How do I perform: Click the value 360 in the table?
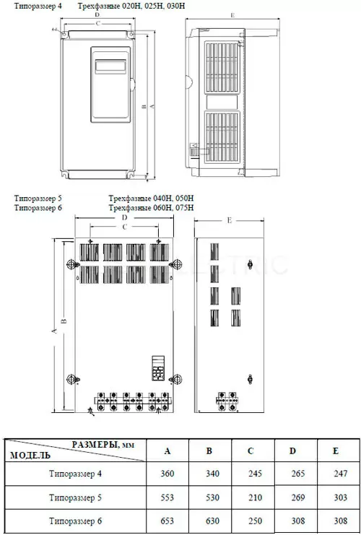click(x=168, y=474)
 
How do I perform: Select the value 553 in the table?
click(x=168, y=497)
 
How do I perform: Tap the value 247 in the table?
click(x=341, y=474)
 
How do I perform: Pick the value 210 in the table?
click(x=256, y=497)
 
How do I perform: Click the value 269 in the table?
click(x=298, y=497)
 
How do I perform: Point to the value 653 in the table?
click(x=168, y=521)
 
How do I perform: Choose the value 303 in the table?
click(x=341, y=497)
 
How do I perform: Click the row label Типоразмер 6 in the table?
click(x=75, y=521)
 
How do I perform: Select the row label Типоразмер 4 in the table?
click(x=75, y=474)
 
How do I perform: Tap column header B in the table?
click(x=209, y=451)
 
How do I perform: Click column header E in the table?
click(x=336, y=451)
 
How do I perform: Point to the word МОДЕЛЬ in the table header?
click(x=30, y=455)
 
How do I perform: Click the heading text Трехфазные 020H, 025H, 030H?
click(x=131, y=6)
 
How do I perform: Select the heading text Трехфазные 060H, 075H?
click(x=152, y=207)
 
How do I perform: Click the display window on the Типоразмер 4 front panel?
click(x=110, y=66)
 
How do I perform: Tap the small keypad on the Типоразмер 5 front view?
click(x=158, y=368)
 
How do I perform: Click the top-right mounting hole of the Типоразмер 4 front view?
click(x=131, y=35)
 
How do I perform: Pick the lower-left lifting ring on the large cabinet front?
click(x=72, y=379)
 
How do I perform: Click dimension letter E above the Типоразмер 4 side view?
click(x=232, y=15)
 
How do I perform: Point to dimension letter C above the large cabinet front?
click(x=125, y=226)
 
